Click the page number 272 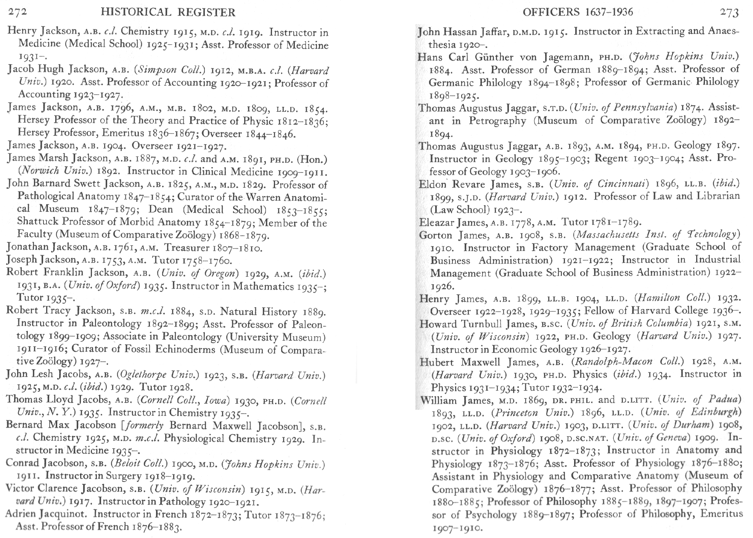point(18,12)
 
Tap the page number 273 point(729,12)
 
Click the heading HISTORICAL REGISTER point(168,12)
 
